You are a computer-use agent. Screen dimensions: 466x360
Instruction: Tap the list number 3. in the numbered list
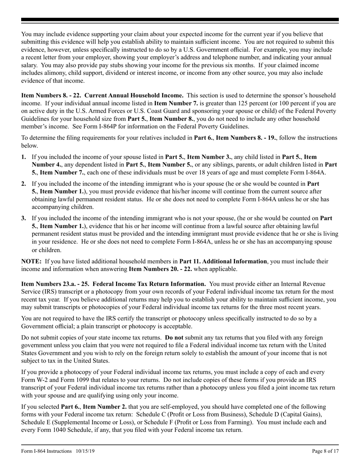(24, 218)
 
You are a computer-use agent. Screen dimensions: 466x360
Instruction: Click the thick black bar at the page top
(180, 20)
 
